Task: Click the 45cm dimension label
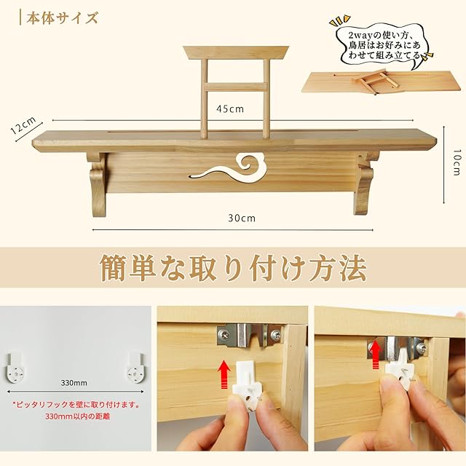click(x=230, y=109)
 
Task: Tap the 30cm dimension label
click(x=242, y=218)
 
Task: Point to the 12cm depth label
click(x=23, y=125)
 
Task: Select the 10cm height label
click(x=457, y=162)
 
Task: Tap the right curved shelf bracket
click(x=365, y=183)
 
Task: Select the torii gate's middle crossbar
click(x=236, y=87)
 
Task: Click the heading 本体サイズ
click(x=62, y=17)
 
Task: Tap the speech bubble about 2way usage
click(x=384, y=46)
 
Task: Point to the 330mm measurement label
click(x=74, y=383)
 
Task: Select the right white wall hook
click(x=136, y=368)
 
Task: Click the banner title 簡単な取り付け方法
click(x=233, y=267)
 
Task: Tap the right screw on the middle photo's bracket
click(x=275, y=335)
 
